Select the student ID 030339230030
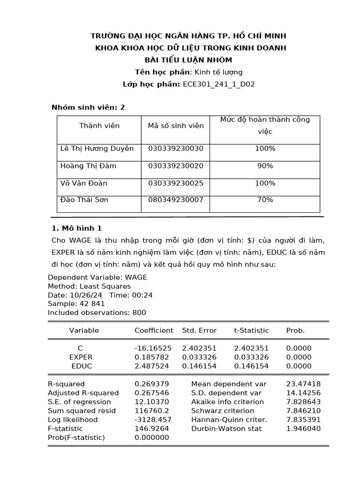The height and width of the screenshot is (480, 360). coord(175,149)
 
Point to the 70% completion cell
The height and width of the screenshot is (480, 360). coord(265,200)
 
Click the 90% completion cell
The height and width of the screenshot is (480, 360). coord(265,166)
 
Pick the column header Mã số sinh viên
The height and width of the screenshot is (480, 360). coord(175,126)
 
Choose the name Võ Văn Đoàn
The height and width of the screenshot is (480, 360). coord(84,183)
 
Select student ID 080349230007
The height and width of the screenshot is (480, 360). coord(175,200)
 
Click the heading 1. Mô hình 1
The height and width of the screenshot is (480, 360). coord(76,228)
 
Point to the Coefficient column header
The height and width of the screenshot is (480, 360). coord(154,330)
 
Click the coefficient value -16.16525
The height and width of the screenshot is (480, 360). coord(153,348)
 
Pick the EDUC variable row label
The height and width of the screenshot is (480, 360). coord(82,366)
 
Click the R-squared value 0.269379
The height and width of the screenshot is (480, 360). coord(151,384)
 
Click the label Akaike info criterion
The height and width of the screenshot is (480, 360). coord(227,402)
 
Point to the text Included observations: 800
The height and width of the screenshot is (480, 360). coord(97,313)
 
